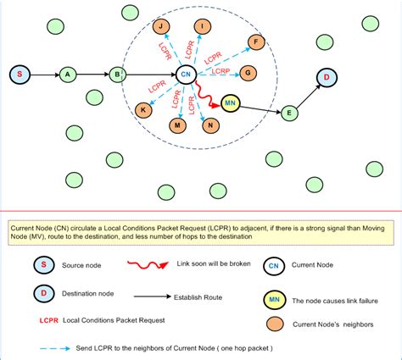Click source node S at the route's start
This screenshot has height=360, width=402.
click(x=20, y=75)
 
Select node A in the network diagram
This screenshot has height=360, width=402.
click(x=67, y=75)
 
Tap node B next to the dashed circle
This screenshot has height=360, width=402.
click(x=117, y=75)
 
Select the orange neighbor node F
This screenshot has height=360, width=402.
click(x=254, y=41)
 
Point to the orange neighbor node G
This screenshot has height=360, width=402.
click(x=248, y=73)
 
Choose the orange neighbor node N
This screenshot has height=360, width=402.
click(x=209, y=125)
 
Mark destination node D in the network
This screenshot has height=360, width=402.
click(x=327, y=79)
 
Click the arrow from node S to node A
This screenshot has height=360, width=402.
click(x=43, y=75)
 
